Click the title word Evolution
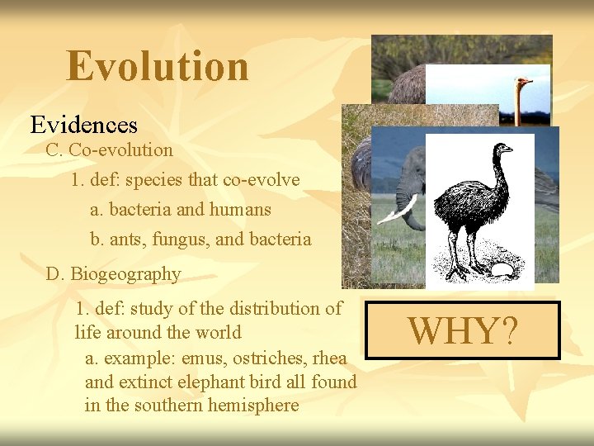tap(157, 66)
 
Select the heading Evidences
tap(84, 125)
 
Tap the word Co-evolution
tap(120, 150)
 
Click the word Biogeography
tap(125, 274)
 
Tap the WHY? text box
tap(463, 330)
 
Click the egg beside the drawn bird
tap(503, 270)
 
